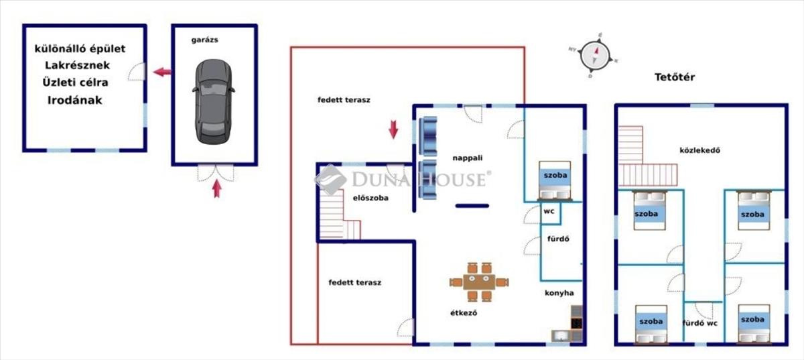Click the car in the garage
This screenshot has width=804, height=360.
click(214, 102)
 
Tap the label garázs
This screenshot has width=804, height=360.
click(204, 40)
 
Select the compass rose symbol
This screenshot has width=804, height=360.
click(594, 56)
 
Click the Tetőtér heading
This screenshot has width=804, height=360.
click(675, 77)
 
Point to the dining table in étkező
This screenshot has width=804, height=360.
click(479, 282)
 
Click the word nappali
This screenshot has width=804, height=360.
click(468, 158)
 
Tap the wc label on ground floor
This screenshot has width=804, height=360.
click(549, 211)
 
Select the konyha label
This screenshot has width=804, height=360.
click(559, 293)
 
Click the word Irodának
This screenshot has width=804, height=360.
click(74, 100)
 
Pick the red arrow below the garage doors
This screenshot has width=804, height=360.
click(216, 188)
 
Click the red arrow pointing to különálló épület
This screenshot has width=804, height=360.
click(163, 72)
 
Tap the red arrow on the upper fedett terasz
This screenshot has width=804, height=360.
click(393, 129)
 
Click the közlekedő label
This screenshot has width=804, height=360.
click(699, 150)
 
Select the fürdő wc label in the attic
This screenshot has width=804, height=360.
click(699, 323)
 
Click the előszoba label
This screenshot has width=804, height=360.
click(371, 198)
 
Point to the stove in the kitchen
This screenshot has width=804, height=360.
click(576, 323)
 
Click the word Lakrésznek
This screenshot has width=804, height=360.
click(77, 66)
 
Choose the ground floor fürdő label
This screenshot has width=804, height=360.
click(558, 239)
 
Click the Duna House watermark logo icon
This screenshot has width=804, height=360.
click(330, 180)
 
